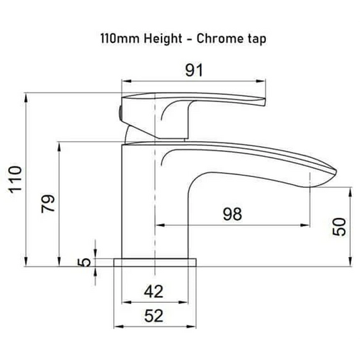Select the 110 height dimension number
[15, 180]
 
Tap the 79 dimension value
[48, 201]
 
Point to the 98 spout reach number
[232, 214]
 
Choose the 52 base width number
[155, 315]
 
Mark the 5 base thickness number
[85, 262]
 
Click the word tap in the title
[256, 38]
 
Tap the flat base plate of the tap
[155, 261]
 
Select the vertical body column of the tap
[138, 202]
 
